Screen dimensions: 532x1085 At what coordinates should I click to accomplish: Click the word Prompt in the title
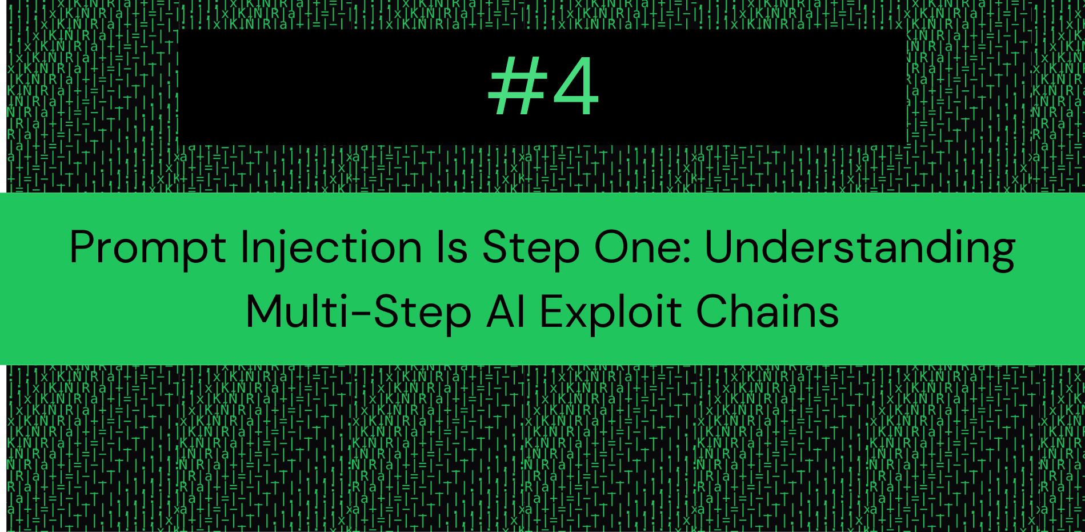[148, 249]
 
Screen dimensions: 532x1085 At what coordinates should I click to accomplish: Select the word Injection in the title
[331, 249]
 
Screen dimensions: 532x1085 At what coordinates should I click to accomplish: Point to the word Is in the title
[452, 247]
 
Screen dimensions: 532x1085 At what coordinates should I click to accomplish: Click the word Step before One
[531, 249]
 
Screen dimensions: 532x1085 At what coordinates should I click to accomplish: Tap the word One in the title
[637, 247]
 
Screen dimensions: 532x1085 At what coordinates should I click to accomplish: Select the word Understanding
[860, 249]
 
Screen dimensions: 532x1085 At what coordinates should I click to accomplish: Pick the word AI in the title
[506, 312]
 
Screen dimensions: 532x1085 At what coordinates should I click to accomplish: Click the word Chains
[767, 312]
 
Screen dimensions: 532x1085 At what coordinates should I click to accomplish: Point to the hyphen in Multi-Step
[363, 315]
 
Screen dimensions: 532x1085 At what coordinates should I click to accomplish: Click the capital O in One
[614, 247]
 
